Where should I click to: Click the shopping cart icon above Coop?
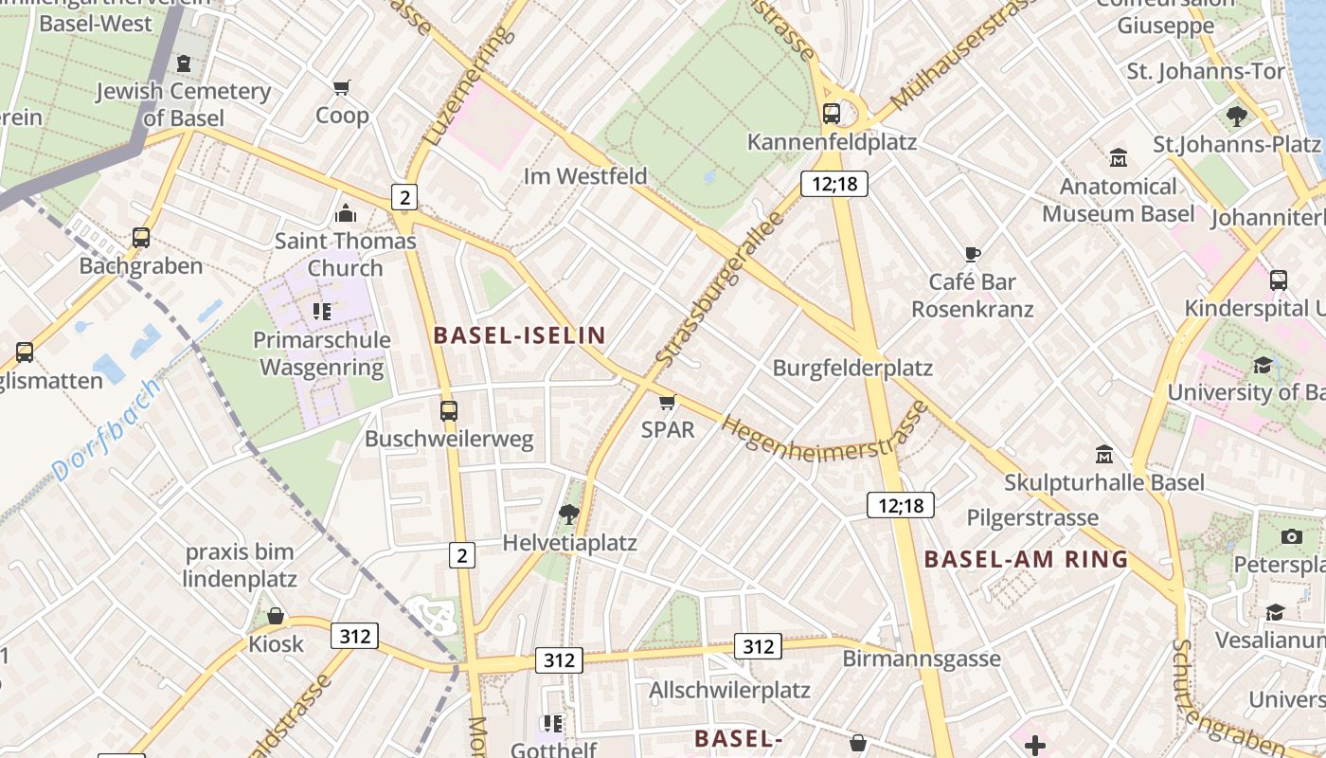pos(342,88)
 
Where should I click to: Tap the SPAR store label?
pos(668,429)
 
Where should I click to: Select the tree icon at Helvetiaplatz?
pos(569,514)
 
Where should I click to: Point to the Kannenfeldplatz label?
pos(832,142)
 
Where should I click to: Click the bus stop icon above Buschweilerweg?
pos(449,411)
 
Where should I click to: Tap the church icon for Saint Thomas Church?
pos(346,213)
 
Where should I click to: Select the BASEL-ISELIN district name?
pos(519,335)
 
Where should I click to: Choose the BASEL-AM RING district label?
pos(1027,559)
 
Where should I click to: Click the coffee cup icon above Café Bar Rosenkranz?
pos(972,254)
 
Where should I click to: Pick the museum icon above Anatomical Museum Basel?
pos(1118,157)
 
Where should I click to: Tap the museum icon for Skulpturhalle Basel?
pos(1104,455)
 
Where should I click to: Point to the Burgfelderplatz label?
pos(852,368)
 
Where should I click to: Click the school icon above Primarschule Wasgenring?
pos(322,311)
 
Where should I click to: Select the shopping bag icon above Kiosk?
pos(276,617)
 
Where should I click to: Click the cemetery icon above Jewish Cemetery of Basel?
pos(184,63)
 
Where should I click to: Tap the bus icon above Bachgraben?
pos(141,238)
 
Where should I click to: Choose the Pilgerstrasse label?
pos(1032,517)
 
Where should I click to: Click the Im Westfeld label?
pos(585,176)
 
